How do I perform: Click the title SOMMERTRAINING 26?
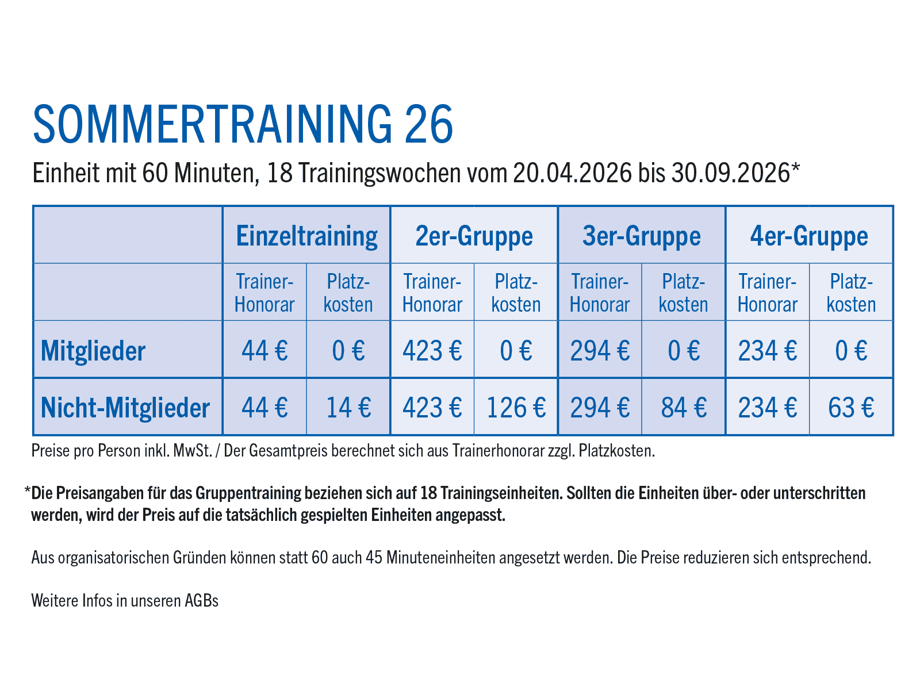click(243, 124)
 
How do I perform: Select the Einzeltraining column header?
click(306, 236)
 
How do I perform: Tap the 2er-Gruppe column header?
click(474, 236)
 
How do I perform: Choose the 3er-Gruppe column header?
click(641, 236)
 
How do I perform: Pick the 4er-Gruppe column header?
click(808, 236)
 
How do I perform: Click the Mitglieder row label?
click(93, 351)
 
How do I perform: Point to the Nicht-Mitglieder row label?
click(125, 408)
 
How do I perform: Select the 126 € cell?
click(516, 408)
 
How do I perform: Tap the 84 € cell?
click(683, 408)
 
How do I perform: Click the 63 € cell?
click(851, 408)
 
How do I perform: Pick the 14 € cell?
click(348, 408)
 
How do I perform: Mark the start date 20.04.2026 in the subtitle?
click(572, 173)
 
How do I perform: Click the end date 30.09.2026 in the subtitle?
click(730, 173)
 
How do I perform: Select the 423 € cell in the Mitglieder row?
click(432, 351)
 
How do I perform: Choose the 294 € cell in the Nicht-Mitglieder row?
click(600, 408)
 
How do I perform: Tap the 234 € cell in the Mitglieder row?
click(767, 351)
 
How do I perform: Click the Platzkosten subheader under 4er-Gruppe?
click(851, 293)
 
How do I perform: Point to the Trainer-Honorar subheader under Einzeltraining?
click(264, 293)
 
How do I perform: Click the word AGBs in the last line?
click(201, 601)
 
